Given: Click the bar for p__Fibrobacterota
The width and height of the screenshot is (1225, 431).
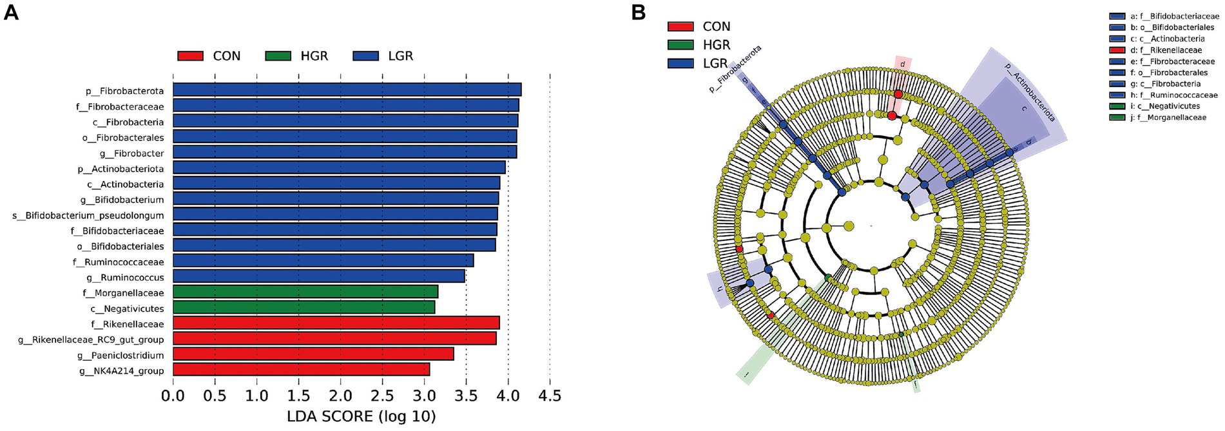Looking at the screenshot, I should [x=347, y=90].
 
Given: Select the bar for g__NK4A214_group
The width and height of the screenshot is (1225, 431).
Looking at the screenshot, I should [x=301, y=370].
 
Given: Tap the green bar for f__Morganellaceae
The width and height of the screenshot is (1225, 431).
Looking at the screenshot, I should [x=305, y=292].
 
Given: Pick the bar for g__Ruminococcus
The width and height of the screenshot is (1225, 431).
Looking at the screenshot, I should [x=318, y=277].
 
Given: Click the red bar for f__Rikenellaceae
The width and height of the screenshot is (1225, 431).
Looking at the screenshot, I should [x=336, y=323].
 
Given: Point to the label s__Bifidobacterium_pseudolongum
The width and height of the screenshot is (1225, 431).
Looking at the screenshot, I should [x=88, y=215].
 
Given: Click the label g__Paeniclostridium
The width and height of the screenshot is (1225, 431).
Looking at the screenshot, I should [x=121, y=355].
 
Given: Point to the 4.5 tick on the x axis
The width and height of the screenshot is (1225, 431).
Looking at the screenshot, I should [x=549, y=395].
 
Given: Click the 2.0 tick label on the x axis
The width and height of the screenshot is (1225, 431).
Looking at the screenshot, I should [x=340, y=395].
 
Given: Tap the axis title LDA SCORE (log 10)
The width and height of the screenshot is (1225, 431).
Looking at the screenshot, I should [x=361, y=416].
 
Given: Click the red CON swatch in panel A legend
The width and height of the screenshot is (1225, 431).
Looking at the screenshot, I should [x=190, y=56].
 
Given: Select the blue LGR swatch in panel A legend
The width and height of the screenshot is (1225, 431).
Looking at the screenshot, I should [x=365, y=56].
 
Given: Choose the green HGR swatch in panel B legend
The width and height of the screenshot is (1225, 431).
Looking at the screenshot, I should [x=680, y=45].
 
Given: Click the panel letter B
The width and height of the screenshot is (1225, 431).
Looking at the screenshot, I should [x=638, y=12].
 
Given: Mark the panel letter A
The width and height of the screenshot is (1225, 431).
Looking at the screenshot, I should [x=11, y=12].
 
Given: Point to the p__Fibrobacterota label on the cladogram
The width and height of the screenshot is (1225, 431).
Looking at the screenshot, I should [x=735, y=69].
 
